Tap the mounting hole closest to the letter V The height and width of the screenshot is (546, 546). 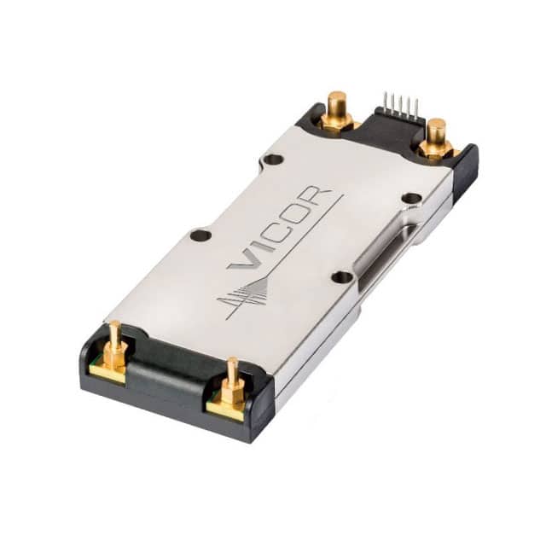201,235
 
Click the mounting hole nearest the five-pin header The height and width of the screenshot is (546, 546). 412,199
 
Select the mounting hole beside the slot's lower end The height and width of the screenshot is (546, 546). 342,277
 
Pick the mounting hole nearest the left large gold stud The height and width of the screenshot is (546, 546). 273,160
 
